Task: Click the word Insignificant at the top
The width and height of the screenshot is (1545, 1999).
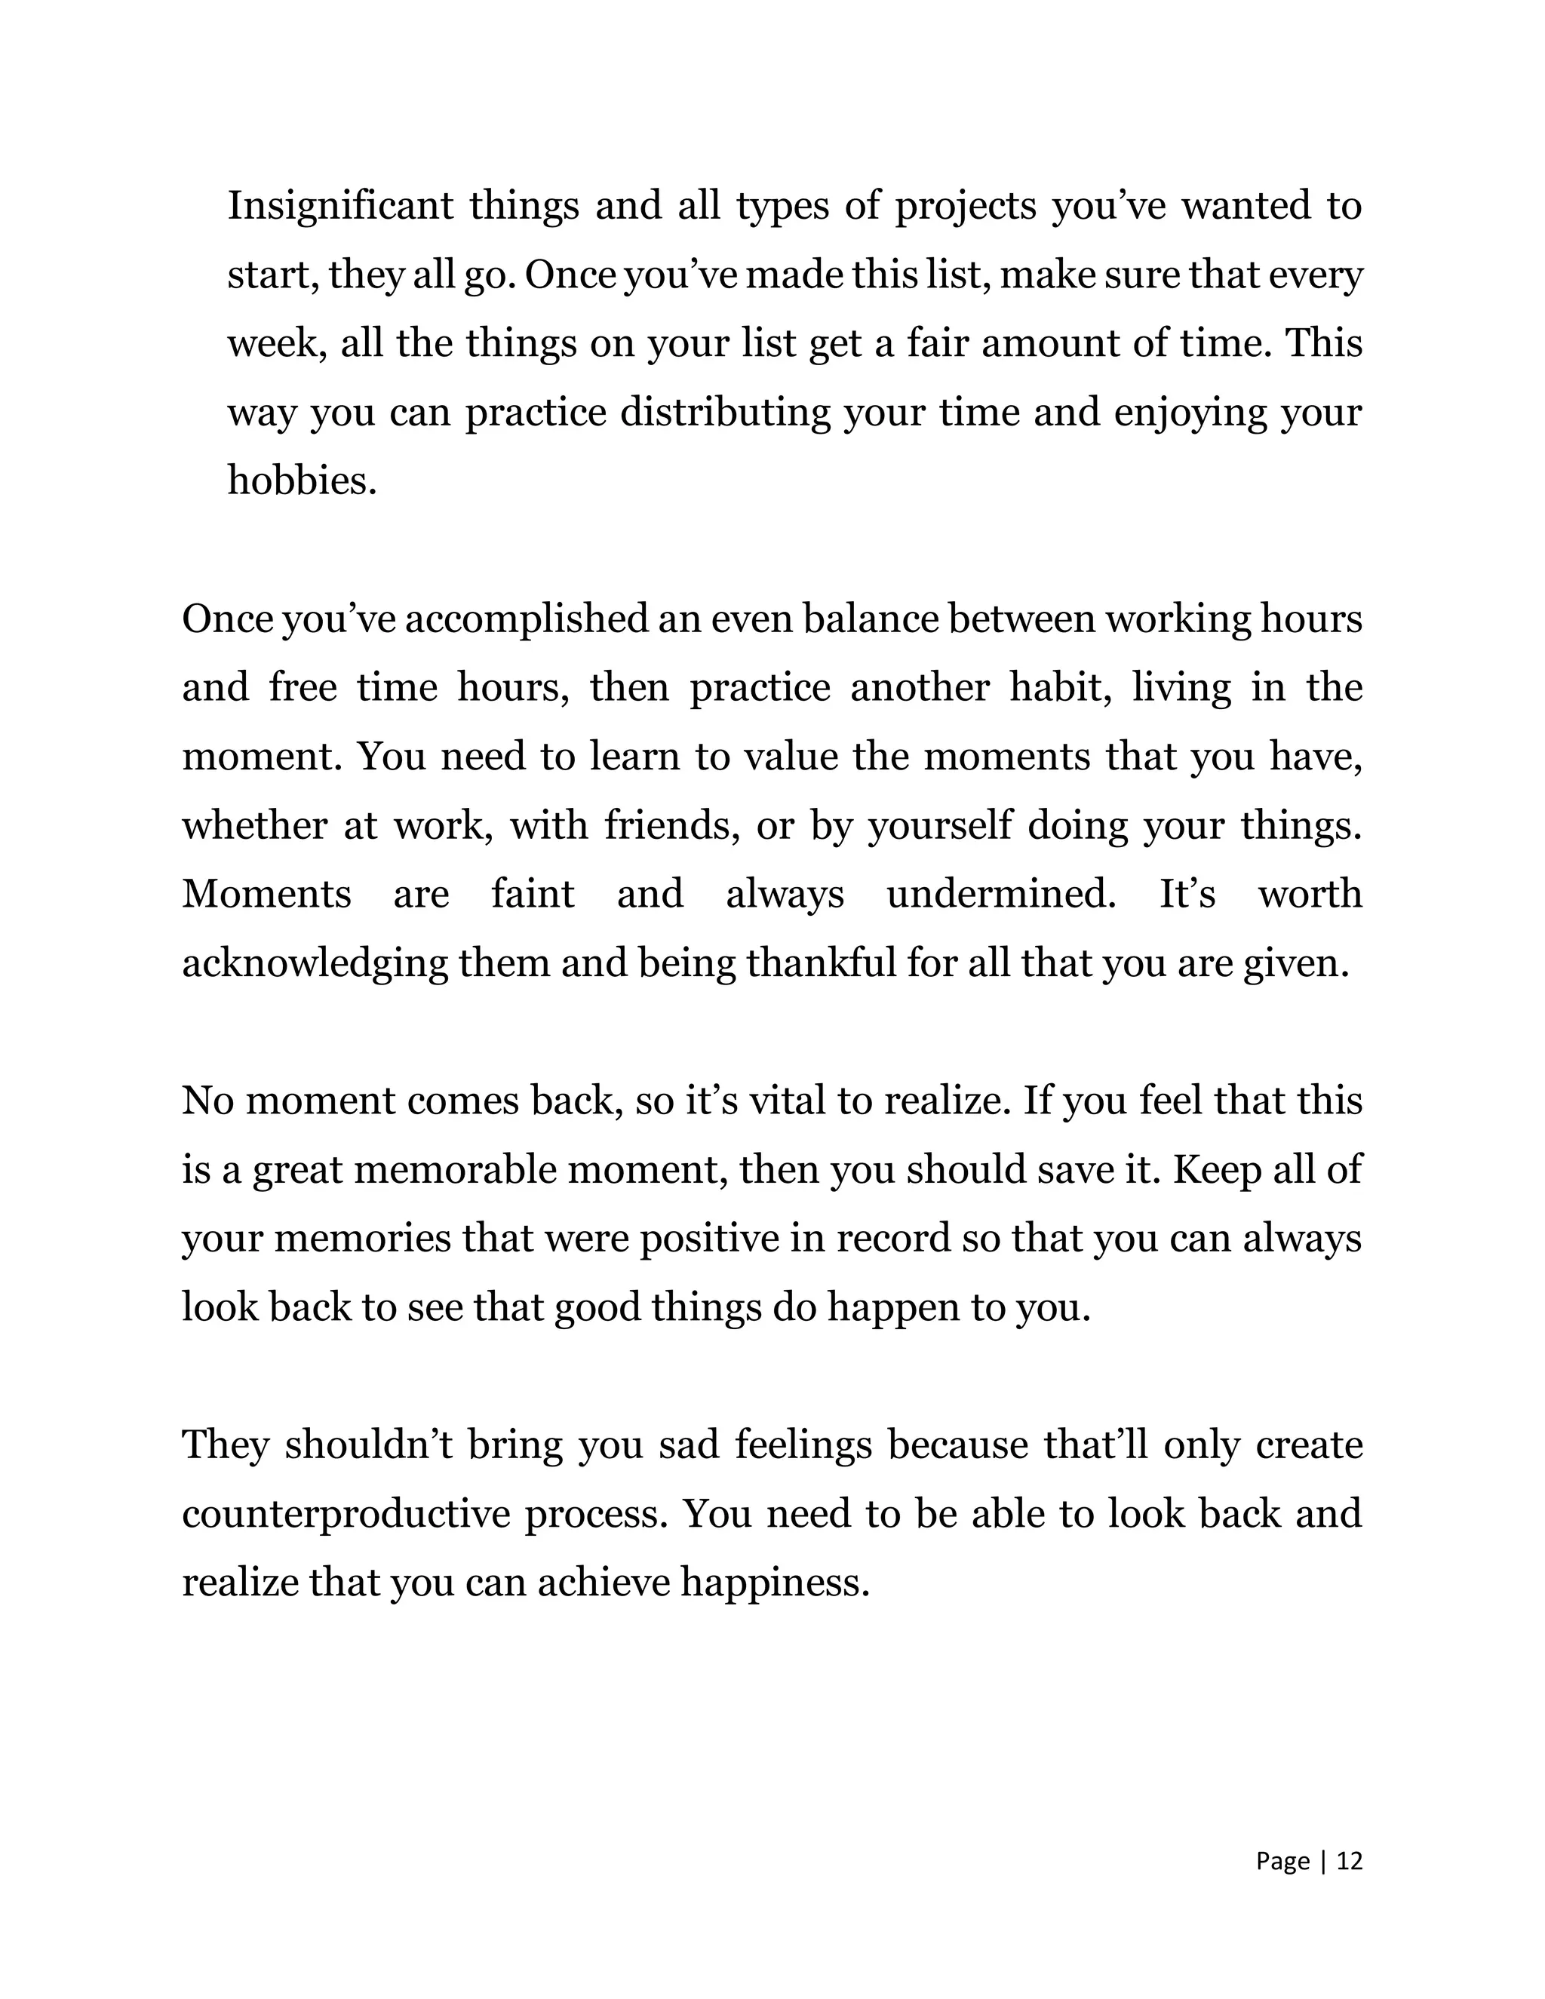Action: (x=340, y=206)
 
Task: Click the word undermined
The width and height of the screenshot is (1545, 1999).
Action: (x=1001, y=894)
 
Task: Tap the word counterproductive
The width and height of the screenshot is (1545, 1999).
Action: (x=346, y=1515)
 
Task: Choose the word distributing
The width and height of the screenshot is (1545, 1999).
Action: (x=725, y=413)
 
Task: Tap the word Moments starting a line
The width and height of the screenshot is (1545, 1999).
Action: (x=266, y=894)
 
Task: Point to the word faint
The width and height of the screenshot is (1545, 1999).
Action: (x=533, y=894)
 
